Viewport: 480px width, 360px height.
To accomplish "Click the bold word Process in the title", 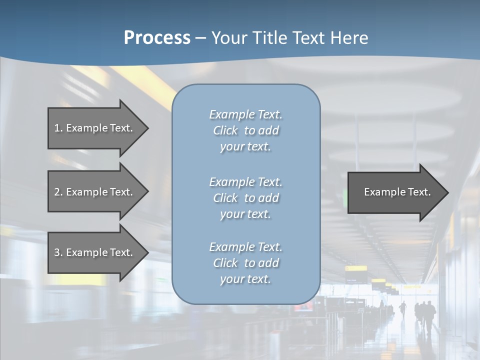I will pyautogui.click(x=157, y=38).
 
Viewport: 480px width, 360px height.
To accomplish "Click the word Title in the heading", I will pyautogui.click(x=270, y=38).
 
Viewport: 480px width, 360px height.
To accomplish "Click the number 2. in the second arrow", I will pyautogui.click(x=58, y=192).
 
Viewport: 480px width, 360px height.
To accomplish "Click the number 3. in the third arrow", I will pyautogui.click(x=58, y=252).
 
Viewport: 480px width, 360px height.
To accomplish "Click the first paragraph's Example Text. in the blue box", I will pyautogui.click(x=245, y=114).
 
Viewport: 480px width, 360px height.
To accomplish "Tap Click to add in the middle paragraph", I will pyautogui.click(x=245, y=198).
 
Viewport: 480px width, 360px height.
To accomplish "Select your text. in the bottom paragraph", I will pyautogui.click(x=245, y=279).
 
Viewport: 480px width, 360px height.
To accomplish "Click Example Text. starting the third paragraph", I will pyautogui.click(x=245, y=247).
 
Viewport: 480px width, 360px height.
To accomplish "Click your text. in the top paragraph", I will pyautogui.click(x=245, y=147).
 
